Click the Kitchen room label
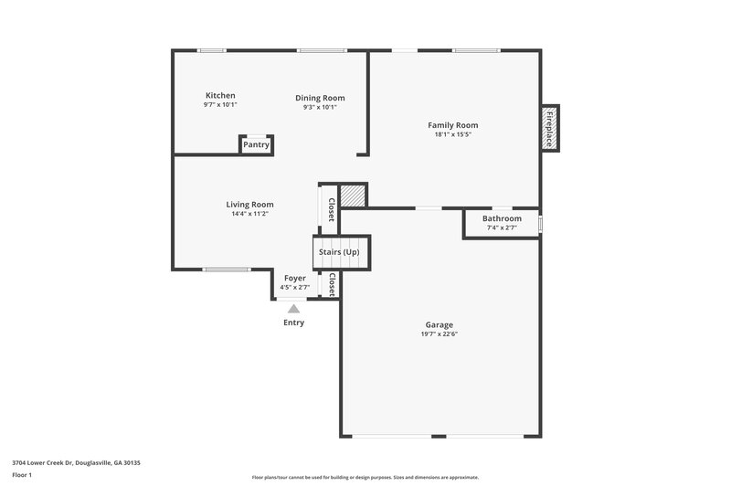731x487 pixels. [x=220, y=95]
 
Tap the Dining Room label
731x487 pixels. [x=320, y=98]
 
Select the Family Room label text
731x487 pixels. [x=453, y=125]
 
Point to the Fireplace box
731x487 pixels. [x=549, y=128]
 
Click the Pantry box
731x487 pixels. [x=256, y=144]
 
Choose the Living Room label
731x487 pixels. [x=249, y=205]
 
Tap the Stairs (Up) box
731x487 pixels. [x=338, y=252]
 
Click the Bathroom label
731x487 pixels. [x=502, y=219]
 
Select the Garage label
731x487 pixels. [x=439, y=325]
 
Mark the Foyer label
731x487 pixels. [x=294, y=278]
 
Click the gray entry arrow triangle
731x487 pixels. [x=294, y=310]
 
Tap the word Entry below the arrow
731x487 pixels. [x=294, y=323]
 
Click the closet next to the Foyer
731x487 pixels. [x=332, y=285]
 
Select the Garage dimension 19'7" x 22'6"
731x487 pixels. [x=439, y=334]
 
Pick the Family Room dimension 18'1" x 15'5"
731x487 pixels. [x=453, y=134]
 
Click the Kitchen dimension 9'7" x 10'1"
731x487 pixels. [x=220, y=105]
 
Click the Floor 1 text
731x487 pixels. [x=22, y=476]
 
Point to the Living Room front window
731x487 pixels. [x=227, y=270]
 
